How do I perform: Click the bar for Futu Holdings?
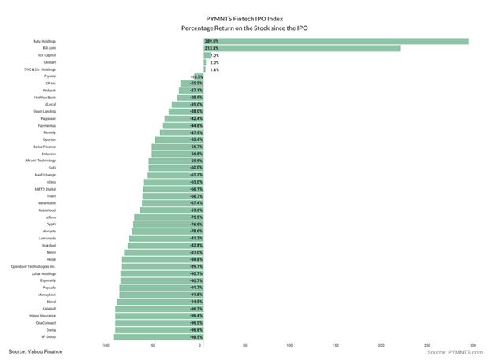tap(335, 41)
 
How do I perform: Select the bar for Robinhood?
tap(172, 210)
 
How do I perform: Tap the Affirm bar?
tap(168, 217)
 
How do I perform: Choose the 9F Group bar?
tap(158, 337)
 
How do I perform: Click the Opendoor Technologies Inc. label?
tap(33, 266)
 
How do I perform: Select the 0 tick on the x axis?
tap(200, 345)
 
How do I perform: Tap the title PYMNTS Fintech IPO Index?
tap(245, 17)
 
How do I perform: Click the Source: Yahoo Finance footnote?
tap(35, 351)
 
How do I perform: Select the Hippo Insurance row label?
tap(43, 316)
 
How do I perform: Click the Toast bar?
tap(173, 196)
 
